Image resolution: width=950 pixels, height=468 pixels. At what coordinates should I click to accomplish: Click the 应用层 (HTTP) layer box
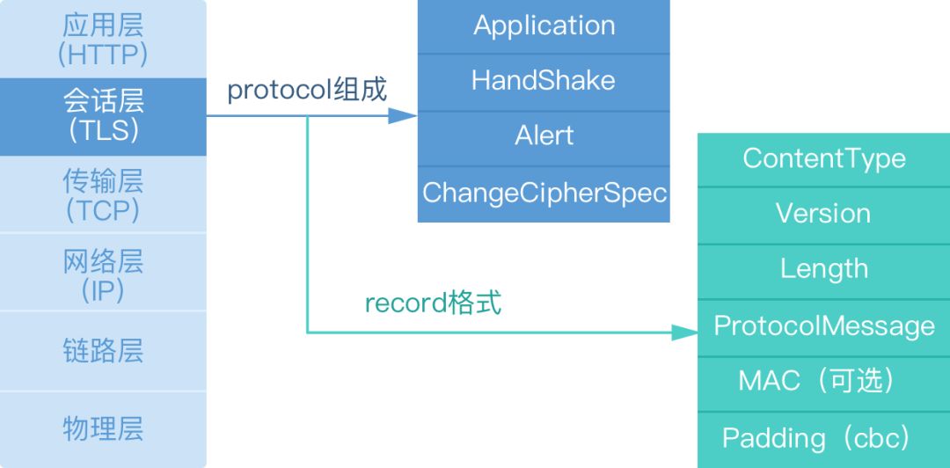tap(103, 39)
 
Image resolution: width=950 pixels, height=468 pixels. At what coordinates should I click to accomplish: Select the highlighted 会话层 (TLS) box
tap(103, 116)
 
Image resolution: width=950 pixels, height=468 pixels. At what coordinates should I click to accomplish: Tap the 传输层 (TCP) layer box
tap(103, 194)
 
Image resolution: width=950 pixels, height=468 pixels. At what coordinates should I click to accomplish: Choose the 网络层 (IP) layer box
tap(103, 273)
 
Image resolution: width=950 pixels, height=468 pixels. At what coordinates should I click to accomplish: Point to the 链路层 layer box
tap(103, 350)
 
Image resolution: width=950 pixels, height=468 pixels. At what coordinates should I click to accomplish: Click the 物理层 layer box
tap(103, 428)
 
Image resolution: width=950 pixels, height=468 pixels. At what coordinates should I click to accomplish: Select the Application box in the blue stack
tap(544, 26)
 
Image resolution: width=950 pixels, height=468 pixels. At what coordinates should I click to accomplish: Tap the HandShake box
tap(544, 81)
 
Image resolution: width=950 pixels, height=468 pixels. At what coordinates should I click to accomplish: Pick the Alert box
tap(544, 136)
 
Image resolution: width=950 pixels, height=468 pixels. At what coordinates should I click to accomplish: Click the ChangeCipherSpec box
tap(544, 193)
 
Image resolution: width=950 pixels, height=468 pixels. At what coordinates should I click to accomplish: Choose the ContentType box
tap(823, 158)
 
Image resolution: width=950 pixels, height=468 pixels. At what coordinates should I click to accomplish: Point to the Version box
tap(823, 214)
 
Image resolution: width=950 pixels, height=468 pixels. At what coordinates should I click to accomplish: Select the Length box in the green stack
tap(823, 269)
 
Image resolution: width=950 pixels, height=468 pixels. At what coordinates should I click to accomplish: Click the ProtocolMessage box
tap(823, 326)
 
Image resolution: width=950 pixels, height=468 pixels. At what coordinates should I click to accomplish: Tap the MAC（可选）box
tap(823, 381)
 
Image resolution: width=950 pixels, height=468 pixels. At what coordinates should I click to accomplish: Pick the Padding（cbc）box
tap(823, 438)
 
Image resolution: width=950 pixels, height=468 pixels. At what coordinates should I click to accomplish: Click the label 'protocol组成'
tap(307, 90)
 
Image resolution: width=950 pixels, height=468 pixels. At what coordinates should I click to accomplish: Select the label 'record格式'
tap(433, 303)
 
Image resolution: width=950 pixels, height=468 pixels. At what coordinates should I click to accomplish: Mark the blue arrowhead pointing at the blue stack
tap(402, 115)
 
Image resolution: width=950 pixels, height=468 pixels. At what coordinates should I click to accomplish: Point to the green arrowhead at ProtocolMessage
tap(683, 333)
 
